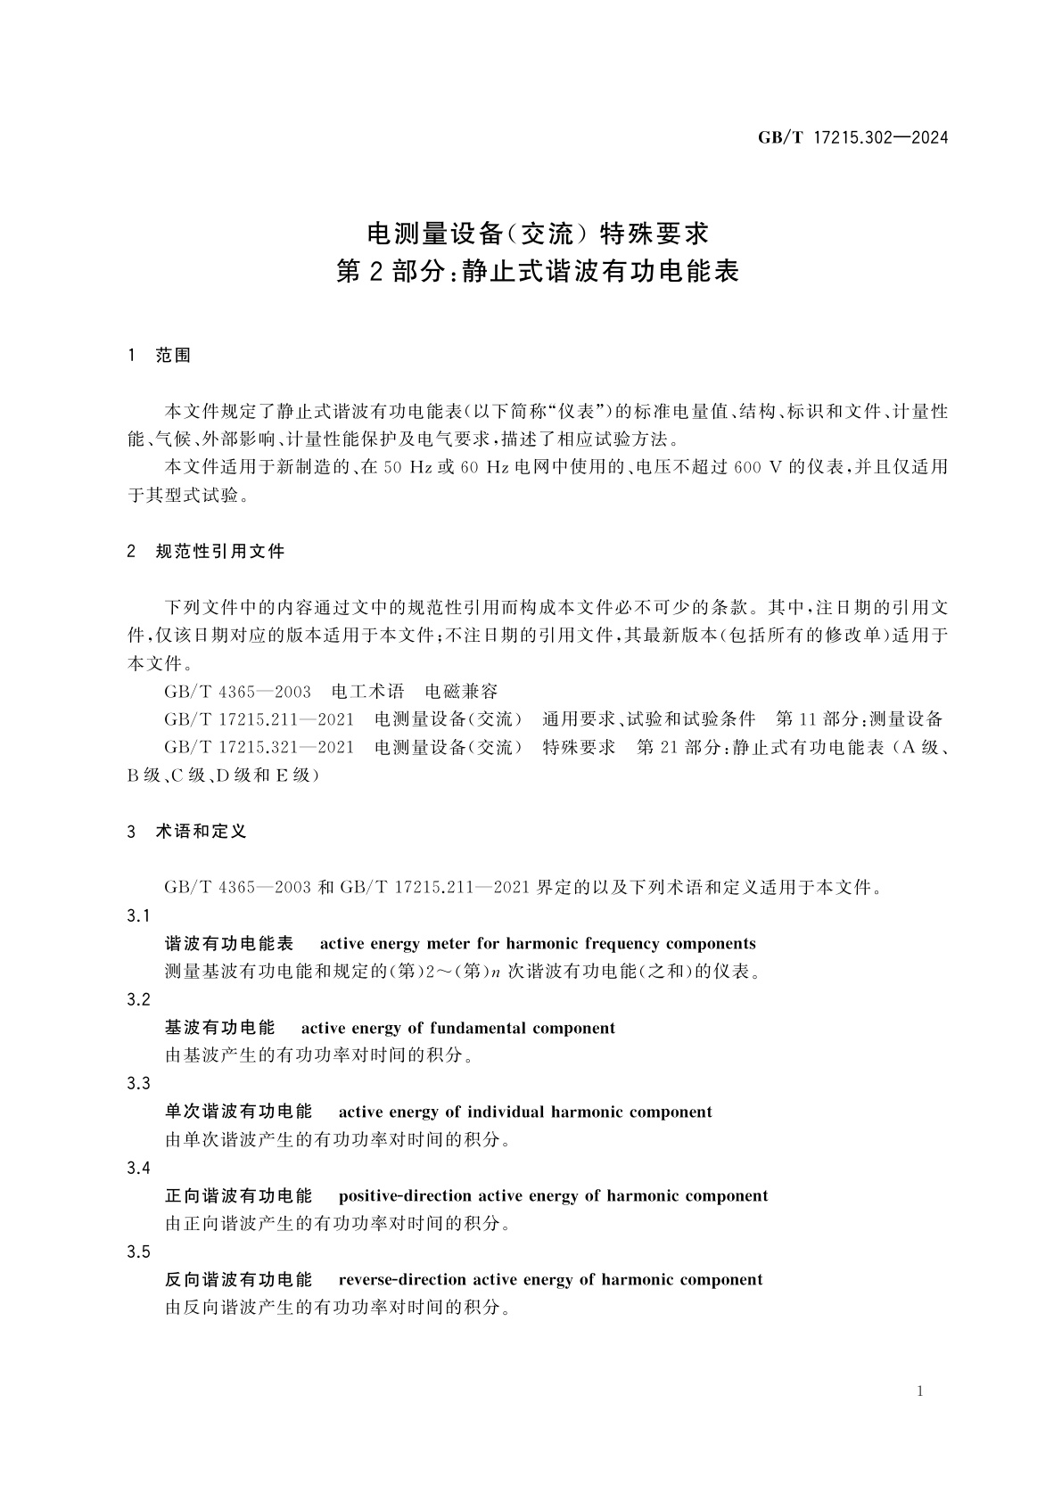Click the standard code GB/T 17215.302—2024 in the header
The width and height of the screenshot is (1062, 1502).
[852, 137]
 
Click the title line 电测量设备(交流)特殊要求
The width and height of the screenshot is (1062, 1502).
[538, 234]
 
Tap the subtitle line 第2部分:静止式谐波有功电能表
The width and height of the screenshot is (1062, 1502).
[538, 271]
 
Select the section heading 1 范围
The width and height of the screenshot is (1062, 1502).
[160, 356]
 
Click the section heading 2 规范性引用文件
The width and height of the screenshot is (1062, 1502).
[206, 552]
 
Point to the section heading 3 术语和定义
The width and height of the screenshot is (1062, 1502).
[187, 832]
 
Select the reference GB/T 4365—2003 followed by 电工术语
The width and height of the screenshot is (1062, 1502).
[238, 692]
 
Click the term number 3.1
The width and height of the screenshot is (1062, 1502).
[138, 916]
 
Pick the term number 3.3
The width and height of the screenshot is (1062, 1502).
[138, 1084]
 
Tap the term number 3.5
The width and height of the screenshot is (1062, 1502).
[138, 1252]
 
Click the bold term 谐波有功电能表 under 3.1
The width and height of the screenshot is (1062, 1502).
[229, 944]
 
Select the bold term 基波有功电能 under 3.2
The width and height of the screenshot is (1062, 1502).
[220, 1028]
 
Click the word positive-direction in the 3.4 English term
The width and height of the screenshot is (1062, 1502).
[406, 1196]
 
